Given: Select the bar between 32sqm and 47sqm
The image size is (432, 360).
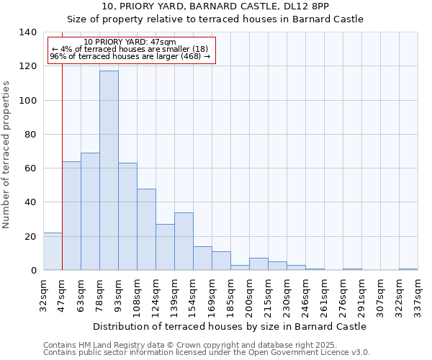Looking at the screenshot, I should point(53,251).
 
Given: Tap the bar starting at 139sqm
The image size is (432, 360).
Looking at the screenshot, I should point(184,241).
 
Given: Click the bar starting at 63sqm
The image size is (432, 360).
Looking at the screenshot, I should point(90,212).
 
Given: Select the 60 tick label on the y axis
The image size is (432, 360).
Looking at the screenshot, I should point(30,168).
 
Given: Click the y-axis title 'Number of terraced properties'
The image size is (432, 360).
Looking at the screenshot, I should point(7,154).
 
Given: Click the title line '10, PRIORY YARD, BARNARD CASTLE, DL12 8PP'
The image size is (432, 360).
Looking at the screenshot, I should point(215,6).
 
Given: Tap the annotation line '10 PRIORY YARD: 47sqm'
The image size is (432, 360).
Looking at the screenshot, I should point(130,42).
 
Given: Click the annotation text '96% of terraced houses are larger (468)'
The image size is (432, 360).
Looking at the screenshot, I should point(130,56).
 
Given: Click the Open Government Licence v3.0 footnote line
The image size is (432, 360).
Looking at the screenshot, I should point(207,353).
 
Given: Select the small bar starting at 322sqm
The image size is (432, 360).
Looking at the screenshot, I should point(408,269).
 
